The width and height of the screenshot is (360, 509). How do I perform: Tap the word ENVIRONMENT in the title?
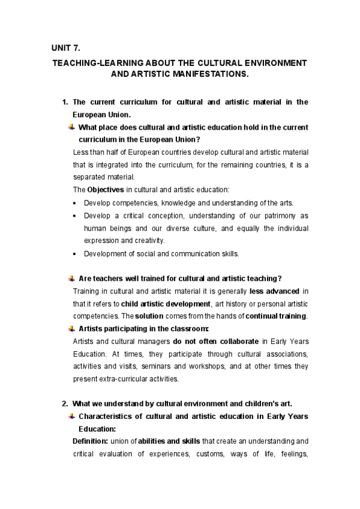(278, 62)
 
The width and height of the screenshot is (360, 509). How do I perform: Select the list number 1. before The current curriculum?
(66, 102)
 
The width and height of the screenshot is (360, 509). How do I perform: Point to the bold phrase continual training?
(277, 316)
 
